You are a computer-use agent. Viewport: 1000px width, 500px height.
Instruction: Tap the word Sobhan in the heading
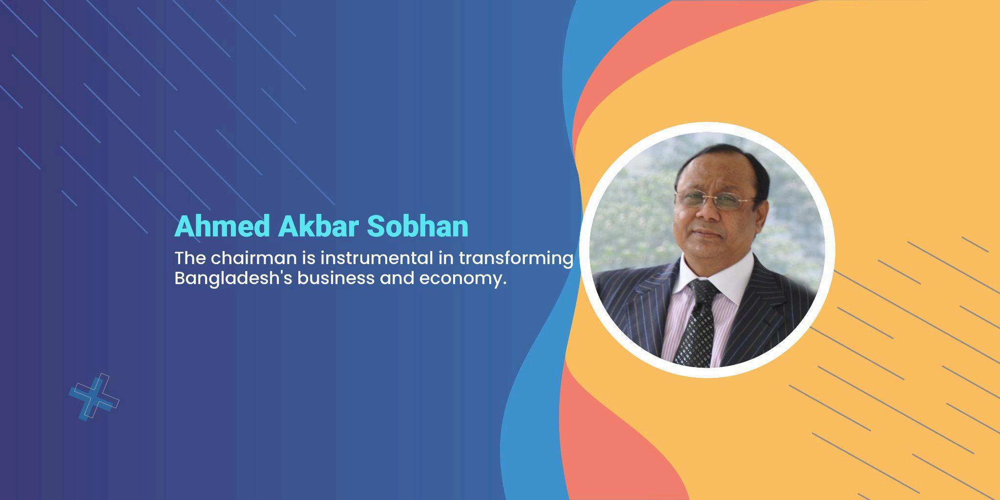click(417, 226)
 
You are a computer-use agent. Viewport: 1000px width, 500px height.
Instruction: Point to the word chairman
click(253, 258)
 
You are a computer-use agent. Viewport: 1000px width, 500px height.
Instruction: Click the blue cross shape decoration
click(94, 397)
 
